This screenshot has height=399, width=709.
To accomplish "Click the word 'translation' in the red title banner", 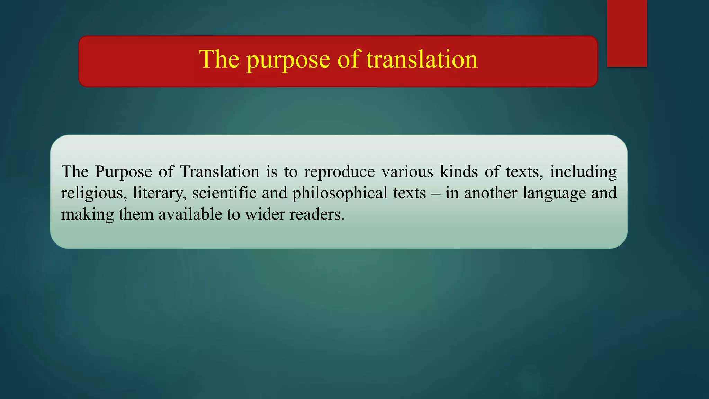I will [422, 59].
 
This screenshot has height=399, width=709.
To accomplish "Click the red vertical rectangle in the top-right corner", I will [627, 33].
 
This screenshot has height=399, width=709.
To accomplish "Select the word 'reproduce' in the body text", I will [339, 172].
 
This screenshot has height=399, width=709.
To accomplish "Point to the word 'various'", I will [407, 172].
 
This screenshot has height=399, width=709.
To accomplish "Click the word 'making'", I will [87, 215].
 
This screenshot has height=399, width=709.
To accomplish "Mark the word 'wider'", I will [264, 214].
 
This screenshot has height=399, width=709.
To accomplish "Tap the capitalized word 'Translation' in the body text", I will [220, 172].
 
